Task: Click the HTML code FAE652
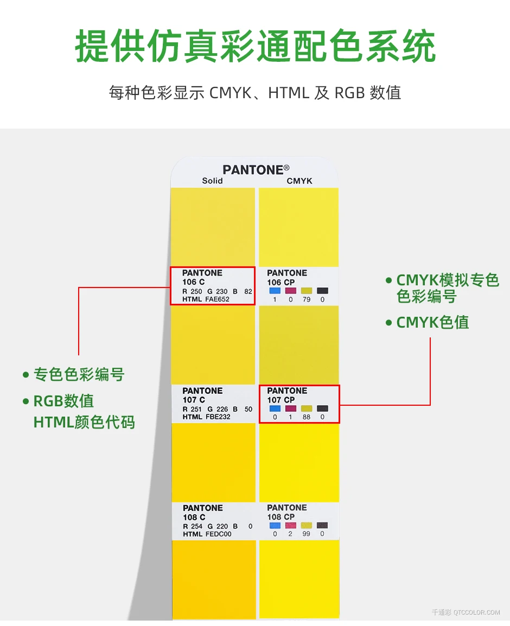tap(217, 299)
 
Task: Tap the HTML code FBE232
tap(218, 417)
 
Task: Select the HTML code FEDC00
tap(219, 534)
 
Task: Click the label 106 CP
tap(280, 282)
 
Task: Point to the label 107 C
tap(194, 400)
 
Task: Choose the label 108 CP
tap(280, 517)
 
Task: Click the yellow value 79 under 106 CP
tap(307, 299)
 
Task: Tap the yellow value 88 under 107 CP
tap(307, 417)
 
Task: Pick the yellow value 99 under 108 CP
tap(307, 534)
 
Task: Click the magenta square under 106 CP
tap(291, 291)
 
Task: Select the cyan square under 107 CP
tap(275, 408)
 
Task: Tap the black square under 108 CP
tap(322, 526)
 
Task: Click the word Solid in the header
tap(212, 181)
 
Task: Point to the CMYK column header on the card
tap(299, 181)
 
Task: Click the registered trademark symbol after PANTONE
tap(286, 167)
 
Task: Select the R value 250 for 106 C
tap(196, 291)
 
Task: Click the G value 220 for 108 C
tap(222, 526)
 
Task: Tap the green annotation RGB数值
tap(63, 401)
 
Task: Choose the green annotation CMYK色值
tap(432, 322)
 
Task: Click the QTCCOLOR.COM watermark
tap(476, 612)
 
